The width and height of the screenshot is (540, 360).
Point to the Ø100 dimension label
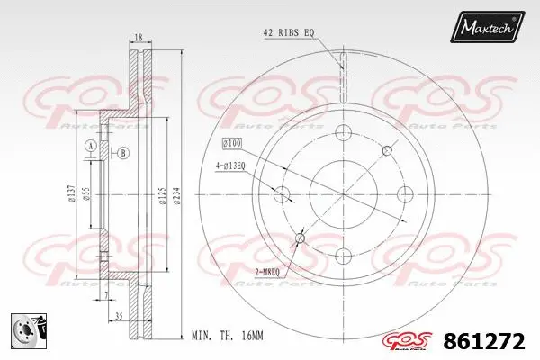coord(233,144)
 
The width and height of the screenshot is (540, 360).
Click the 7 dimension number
coord(105,295)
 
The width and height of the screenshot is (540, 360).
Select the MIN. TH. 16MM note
coord(227,337)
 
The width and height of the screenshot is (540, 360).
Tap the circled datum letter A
coord(90,147)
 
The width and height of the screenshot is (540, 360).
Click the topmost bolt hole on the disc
coord(343,133)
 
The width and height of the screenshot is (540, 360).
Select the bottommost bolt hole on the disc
coord(343,255)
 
